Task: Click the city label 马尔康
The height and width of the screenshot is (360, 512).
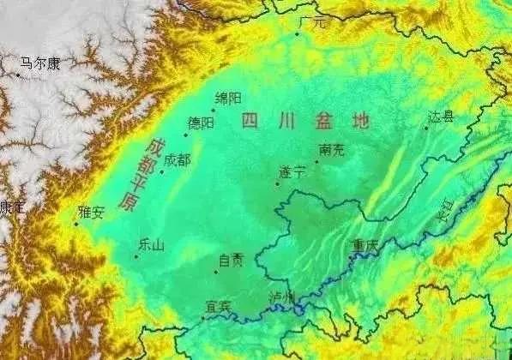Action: point(40,63)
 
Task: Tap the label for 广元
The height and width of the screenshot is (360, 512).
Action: point(312,23)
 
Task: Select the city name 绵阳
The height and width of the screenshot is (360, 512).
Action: point(228,99)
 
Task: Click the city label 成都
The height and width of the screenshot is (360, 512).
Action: point(178,159)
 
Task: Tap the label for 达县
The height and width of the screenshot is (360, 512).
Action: point(441,116)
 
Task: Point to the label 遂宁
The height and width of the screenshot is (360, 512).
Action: point(292,171)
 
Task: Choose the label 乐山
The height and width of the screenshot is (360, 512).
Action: point(150,243)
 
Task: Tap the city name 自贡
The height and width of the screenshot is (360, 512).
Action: point(232,261)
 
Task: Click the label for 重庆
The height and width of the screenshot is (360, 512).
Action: point(364,245)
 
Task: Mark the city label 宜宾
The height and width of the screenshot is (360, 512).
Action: point(219,305)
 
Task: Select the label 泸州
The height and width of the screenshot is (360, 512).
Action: point(280,297)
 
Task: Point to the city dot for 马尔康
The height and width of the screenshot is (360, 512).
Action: point(17,75)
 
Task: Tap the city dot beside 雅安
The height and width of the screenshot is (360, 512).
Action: point(75,225)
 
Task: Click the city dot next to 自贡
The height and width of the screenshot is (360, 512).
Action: point(215,272)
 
